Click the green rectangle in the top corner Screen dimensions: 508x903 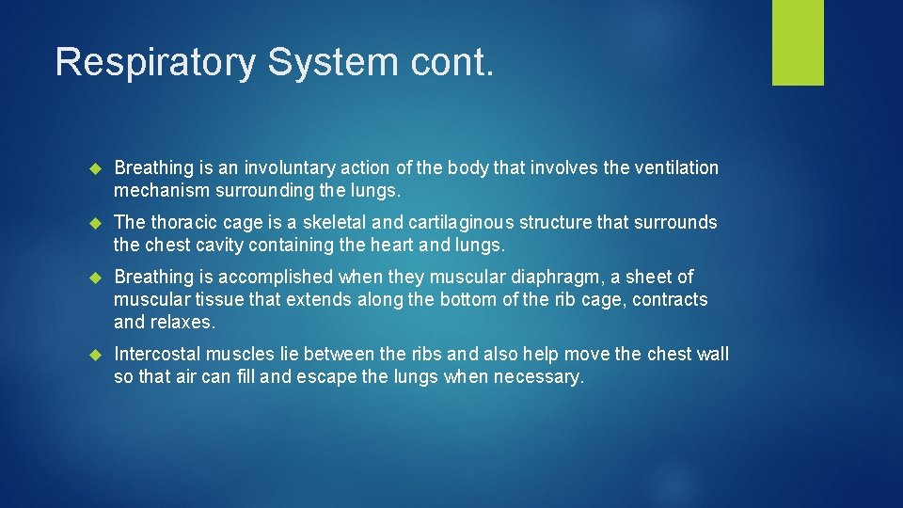[798, 42]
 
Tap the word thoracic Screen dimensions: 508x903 [182, 223]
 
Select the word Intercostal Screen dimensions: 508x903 [157, 355]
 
